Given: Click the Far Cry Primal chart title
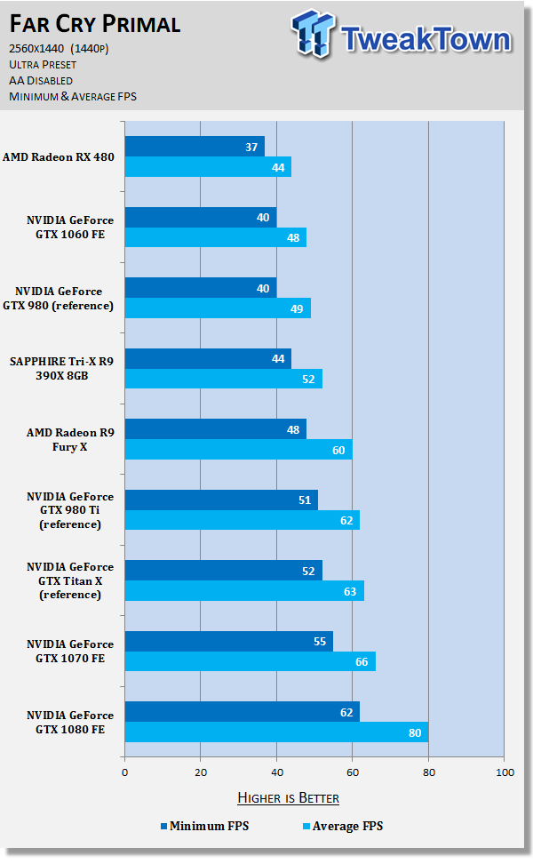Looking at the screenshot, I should (95, 24).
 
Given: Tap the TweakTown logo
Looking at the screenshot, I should (402, 37).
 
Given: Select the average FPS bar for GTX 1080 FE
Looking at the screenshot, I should (275, 732).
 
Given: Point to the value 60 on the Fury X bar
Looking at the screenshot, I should (338, 450).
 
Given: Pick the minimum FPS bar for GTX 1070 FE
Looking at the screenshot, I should (228, 641).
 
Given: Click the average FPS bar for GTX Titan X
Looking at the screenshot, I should (244, 590).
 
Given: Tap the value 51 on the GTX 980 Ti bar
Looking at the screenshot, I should (305, 500).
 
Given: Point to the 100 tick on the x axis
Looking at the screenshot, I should (504, 772).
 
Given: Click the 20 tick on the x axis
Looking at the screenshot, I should (201, 772).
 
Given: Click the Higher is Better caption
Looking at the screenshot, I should (288, 797).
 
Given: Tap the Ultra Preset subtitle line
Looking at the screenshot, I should (43, 65).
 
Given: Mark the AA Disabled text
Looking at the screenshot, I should (41, 81).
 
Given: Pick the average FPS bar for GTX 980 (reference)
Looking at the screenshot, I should (218, 308).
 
